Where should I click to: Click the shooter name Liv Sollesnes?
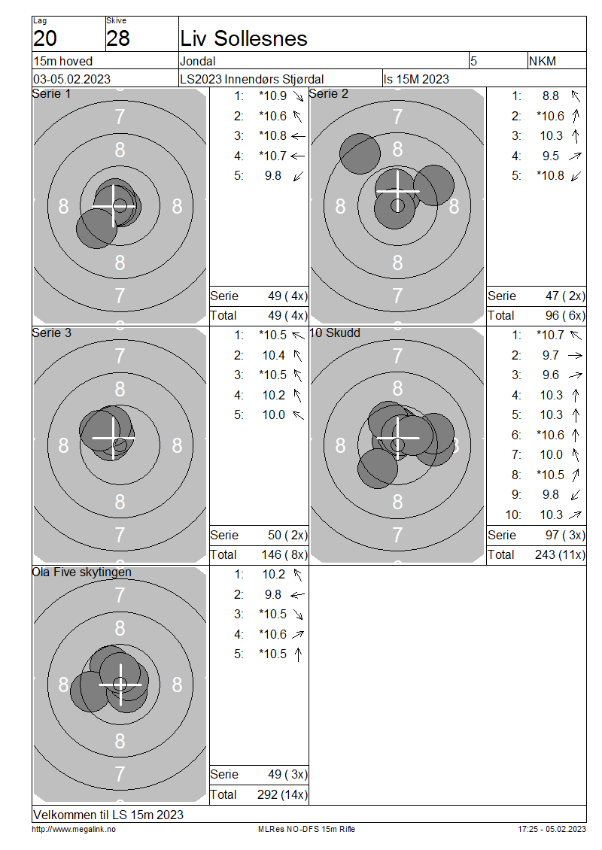point(244,38)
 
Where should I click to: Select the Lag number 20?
point(45,38)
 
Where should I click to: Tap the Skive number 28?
point(117,38)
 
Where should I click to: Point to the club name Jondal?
point(198,61)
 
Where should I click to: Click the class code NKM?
point(543,61)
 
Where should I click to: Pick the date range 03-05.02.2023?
point(72,79)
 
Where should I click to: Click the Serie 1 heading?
point(51,94)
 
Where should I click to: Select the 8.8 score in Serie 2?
point(551,96)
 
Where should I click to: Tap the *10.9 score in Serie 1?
point(273,96)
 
